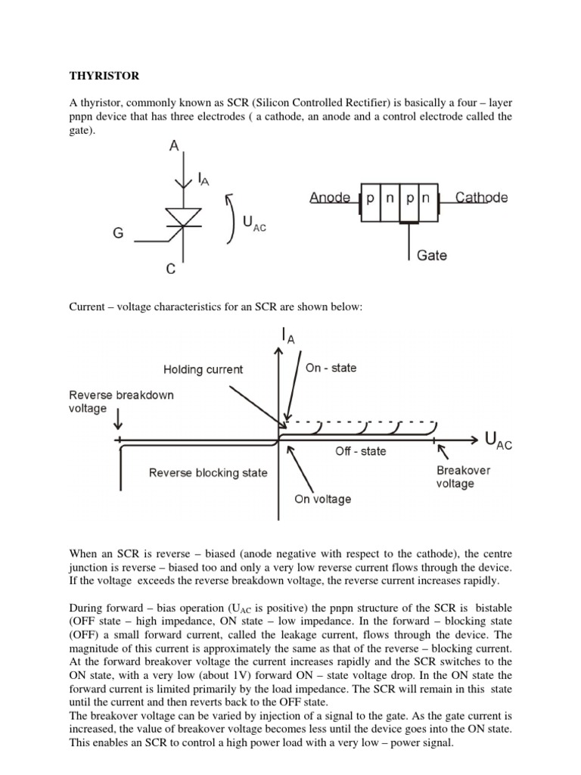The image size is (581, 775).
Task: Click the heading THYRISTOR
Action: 104,76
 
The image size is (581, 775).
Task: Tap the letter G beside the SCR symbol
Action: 118,234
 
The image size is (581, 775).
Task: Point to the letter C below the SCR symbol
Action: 172,269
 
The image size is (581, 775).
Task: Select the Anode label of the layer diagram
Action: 329,198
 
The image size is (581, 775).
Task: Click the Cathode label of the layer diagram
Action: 482,198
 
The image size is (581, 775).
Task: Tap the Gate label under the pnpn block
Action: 431,255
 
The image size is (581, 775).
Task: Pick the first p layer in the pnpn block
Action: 370,200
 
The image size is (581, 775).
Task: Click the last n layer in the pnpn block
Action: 425,200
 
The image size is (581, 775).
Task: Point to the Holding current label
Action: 203,369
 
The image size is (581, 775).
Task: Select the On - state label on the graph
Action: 331,368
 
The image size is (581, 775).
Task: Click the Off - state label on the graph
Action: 360,451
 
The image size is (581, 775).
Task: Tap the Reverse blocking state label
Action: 208,472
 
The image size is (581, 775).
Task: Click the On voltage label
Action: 322,499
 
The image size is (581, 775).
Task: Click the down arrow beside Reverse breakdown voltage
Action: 120,414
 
